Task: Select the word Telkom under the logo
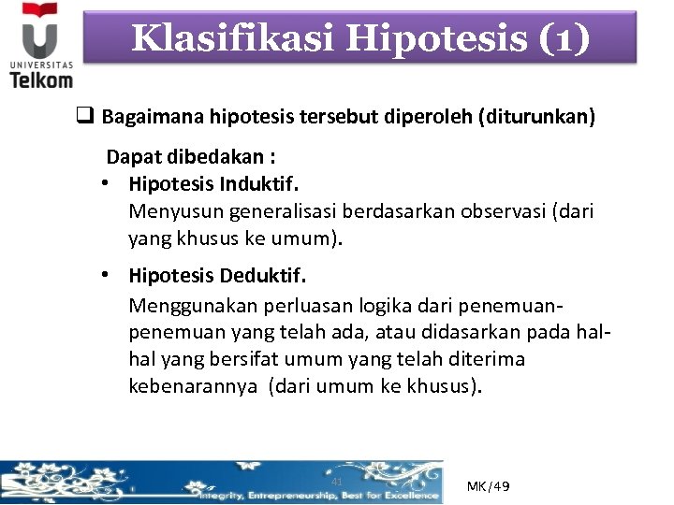point(40,79)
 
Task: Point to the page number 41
point(337,482)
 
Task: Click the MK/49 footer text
point(488,487)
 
